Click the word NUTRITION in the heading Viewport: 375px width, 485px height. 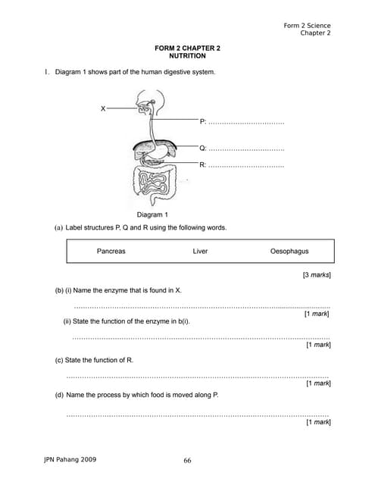click(187, 56)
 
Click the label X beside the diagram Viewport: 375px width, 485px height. click(103, 108)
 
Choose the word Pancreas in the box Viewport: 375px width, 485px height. click(111, 252)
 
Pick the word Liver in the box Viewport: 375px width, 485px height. click(200, 252)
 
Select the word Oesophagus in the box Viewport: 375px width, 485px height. click(289, 252)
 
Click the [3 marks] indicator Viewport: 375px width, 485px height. click(316, 275)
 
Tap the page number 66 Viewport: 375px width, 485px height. click(187, 460)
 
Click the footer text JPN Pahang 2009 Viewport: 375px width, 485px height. click(70, 459)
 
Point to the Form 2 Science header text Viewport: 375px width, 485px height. click(307, 26)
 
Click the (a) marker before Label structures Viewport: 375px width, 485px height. click(58, 227)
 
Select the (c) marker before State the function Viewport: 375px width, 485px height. click(59, 360)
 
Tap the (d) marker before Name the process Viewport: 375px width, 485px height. click(59, 395)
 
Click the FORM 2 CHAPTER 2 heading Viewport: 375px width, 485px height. click(187, 48)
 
